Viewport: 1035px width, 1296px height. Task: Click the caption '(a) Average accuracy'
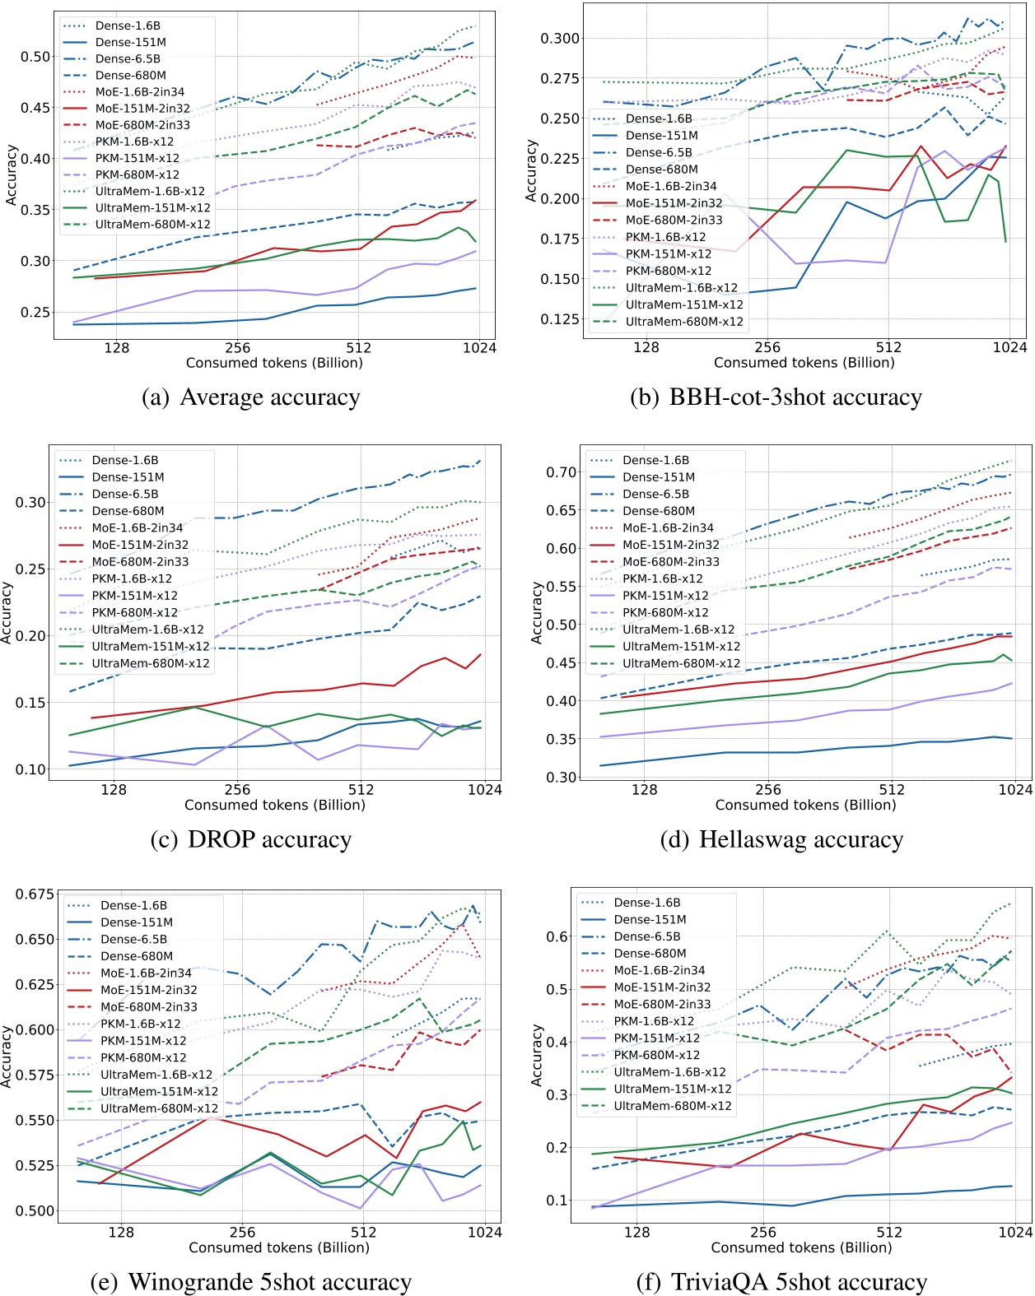tap(251, 397)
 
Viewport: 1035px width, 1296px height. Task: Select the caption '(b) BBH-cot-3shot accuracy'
tap(776, 397)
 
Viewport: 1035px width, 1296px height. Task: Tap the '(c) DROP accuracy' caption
tap(251, 839)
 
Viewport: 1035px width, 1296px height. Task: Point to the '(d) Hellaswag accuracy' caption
tap(781, 839)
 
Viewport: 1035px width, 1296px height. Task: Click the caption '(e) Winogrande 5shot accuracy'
tap(250, 1282)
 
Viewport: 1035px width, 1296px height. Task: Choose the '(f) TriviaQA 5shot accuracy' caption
tap(781, 1282)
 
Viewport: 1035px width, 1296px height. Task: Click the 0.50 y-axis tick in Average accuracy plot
tap(35, 57)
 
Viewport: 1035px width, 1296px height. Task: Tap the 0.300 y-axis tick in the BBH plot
tap(560, 39)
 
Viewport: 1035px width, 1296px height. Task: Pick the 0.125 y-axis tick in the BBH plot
tap(560, 319)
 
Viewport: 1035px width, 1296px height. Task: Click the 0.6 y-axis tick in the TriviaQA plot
tap(557, 936)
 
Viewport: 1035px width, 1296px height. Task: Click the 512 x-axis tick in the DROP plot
tap(361, 790)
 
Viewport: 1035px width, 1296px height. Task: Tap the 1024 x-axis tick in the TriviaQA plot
tap(1015, 1232)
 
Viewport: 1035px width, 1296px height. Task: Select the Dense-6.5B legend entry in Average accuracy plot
tap(128, 59)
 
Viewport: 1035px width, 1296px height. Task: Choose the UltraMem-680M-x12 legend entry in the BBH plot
tap(684, 322)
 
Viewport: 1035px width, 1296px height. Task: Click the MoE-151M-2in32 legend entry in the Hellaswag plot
tap(670, 545)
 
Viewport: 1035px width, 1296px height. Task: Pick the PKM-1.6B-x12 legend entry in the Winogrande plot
tap(140, 1024)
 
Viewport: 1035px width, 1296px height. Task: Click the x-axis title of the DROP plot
tap(275, 805)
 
